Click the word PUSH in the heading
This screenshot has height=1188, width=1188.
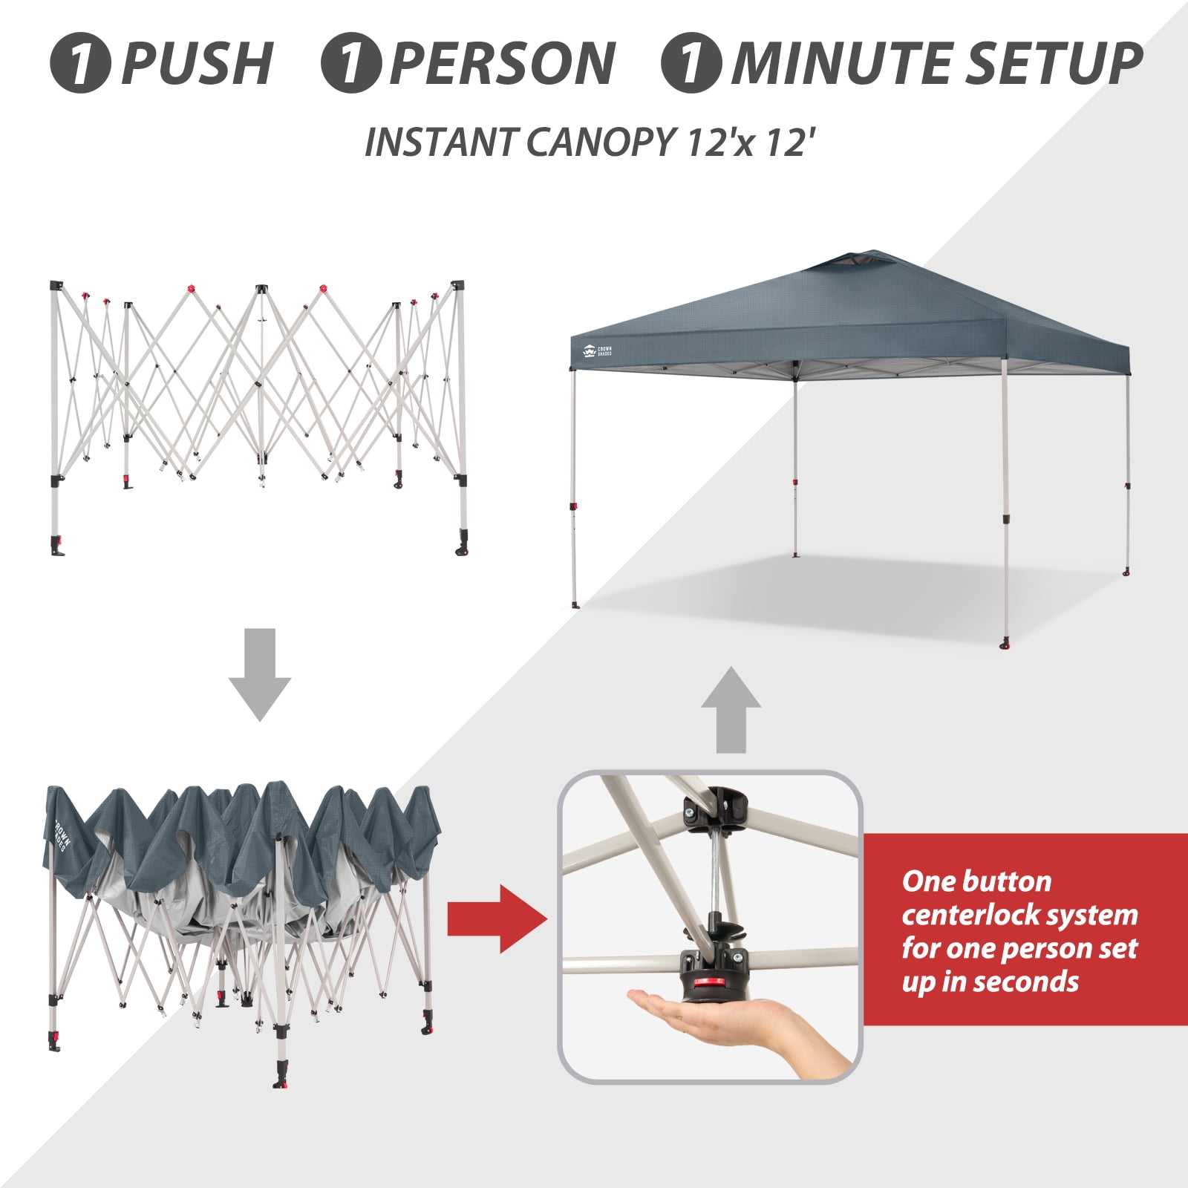pos(197,63)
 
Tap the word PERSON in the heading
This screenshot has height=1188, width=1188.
pos(502,63)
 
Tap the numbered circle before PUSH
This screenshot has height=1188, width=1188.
pos(80,63)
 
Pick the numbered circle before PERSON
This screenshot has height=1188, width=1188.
pos(351,63)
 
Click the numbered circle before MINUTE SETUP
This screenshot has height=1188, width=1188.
pos(691,63)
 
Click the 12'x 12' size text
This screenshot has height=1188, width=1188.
pos(745,142)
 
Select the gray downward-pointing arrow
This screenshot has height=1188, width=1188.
pos(260,674)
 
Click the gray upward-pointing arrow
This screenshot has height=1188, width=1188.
pos(732,710)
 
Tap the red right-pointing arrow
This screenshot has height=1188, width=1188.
pos(497,919)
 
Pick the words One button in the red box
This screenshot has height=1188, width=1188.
pos(976,881)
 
